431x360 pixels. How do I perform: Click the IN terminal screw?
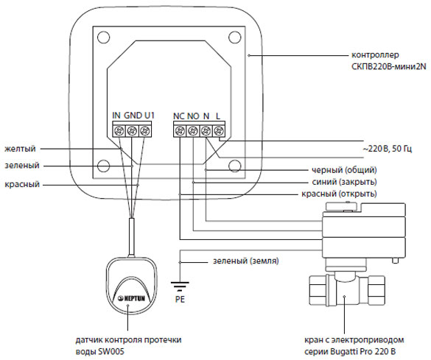119,130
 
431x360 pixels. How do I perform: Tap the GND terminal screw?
132,130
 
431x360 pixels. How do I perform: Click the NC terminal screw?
180,130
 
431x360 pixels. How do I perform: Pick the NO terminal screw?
193,130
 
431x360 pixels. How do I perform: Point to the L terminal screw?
219,130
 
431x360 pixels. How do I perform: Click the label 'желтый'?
20,149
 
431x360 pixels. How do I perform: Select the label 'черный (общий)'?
344,170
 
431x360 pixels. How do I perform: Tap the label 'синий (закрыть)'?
344,182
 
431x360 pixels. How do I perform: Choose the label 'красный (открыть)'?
339,194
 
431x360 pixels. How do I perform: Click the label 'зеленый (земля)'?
246,261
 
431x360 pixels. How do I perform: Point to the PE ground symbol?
180,286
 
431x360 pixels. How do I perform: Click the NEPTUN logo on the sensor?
131,298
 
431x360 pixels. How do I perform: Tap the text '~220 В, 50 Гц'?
388,149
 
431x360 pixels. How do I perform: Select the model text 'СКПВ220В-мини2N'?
389,66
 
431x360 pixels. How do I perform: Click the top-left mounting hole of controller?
104,37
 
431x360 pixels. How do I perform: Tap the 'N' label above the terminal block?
206,116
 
